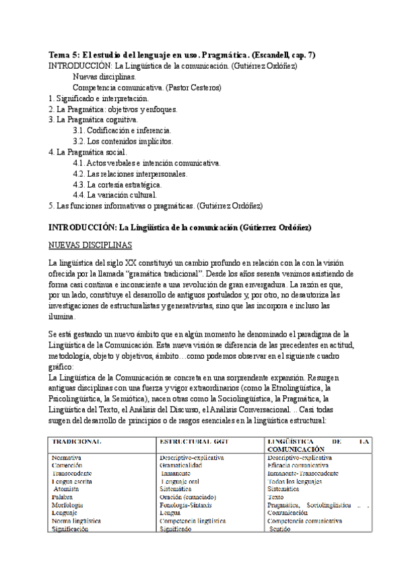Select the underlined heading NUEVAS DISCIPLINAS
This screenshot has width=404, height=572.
click(90, 244)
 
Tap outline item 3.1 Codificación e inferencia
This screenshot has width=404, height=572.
click(122, 130)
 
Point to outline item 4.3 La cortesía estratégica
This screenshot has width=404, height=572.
click(116, 184)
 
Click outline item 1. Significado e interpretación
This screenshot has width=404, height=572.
click(99, 98)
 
